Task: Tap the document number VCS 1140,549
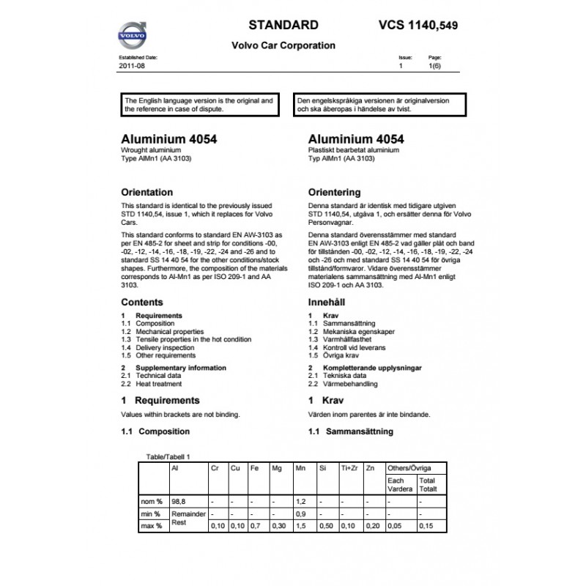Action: click(419, 25)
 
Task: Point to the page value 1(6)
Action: click(434, 66)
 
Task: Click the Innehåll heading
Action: click(327, 302)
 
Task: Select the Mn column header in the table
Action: click(300, 467)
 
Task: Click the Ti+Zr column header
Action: click(349, 467)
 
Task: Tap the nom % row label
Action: click(152, 502)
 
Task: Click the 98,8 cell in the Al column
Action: click(178, 502)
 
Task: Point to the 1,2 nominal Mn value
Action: click(300, 502)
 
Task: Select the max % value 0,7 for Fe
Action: click(254, 526)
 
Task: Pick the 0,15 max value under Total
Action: click(426, 526)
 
